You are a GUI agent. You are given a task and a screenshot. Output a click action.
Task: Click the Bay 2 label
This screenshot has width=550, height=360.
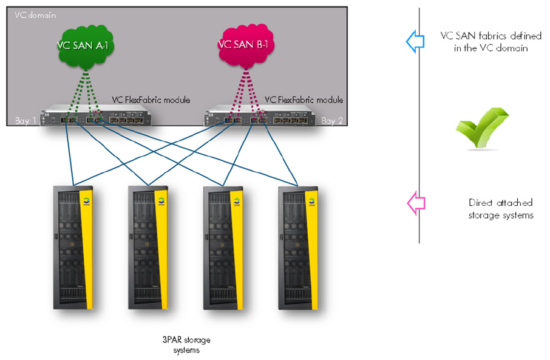coord(332,121)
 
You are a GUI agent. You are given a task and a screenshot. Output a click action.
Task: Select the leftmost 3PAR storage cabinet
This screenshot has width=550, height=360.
coord(72,249)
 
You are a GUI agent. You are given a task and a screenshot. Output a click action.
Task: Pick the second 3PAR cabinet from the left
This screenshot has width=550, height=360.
coord(148,249)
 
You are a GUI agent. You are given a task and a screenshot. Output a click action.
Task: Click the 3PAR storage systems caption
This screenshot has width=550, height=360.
coord(185,344)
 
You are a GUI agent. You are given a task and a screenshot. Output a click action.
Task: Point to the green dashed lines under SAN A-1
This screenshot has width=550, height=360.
coord(85,91)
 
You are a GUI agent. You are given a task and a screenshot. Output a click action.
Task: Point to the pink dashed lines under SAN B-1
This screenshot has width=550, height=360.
coord(246,91)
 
